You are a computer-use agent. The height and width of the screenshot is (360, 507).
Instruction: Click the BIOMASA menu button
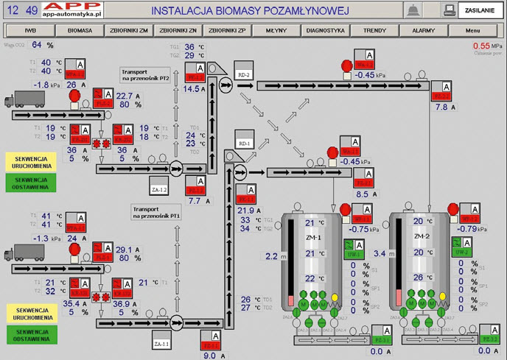coord(80,31)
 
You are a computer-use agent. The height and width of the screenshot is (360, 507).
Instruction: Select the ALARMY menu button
coord(423,31)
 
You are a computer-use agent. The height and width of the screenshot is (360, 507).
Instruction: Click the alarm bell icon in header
coord(414,10)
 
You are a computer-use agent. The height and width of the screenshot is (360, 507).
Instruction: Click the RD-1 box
coord(244,142)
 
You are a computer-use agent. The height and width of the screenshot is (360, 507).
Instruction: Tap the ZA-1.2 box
coord(160,190)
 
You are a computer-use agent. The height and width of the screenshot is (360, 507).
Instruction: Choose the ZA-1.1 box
coord(161,343)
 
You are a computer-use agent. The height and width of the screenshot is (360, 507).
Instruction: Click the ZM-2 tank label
coord(422,236)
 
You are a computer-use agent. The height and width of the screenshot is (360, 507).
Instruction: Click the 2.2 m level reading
coord(270,256)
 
